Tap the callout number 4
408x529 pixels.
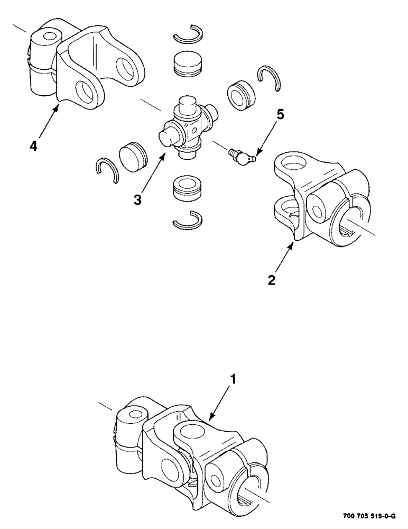[33, 145]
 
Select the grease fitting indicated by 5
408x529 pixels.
[240, 156]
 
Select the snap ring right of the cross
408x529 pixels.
[270, 80]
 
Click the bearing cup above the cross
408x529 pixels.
[189, 64]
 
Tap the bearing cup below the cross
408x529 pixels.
[188, 188]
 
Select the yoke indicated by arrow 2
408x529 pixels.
[317, 198]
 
